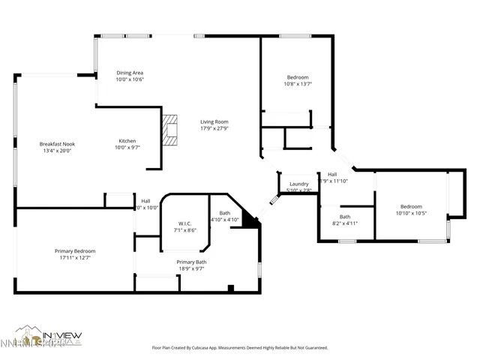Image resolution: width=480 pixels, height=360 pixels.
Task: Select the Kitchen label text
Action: (127, 141)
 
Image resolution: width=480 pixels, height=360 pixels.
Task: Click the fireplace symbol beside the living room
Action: (172, 129)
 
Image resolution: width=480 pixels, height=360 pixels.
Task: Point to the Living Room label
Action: (214, 121)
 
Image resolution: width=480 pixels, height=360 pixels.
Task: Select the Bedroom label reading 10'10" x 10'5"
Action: (410, 206)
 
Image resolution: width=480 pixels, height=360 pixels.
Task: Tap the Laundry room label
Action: (299, 184)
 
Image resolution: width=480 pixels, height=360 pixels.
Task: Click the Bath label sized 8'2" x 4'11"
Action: (345, 217)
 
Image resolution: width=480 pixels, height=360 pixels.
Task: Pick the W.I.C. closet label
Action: (185, 223)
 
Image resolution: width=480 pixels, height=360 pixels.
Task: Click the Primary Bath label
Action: (191, 262)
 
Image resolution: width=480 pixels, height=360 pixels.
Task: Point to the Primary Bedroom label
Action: (75, 251)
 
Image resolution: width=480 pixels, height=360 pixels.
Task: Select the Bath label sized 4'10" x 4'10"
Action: (224, 213)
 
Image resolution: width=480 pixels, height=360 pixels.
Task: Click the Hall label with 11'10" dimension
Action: (332, 174)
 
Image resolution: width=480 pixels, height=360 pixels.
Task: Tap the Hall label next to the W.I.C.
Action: (145, 200)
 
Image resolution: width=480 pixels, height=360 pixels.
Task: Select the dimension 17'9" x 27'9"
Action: (214, 127)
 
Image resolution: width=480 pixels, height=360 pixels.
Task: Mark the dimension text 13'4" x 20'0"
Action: (57, 150)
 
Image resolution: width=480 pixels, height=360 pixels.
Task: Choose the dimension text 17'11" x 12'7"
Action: (75, 257)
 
